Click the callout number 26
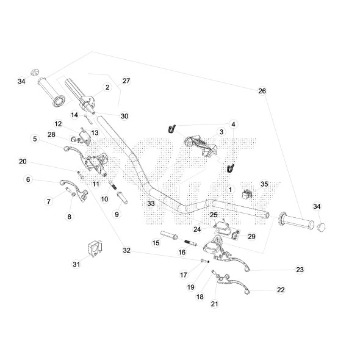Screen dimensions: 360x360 point(262,91)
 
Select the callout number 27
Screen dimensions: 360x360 point(126,81)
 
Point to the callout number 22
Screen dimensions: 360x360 point(281,290)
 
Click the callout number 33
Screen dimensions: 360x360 point(151,203)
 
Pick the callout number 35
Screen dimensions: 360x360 point(264,184)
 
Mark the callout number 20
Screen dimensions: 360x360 point(23,162)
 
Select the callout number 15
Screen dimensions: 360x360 point(156,243)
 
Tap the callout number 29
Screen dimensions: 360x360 point(251,236)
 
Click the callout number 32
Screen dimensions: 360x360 point(126,250)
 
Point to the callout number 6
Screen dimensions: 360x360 point(27,179)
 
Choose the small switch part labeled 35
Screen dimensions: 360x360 point(248,195)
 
